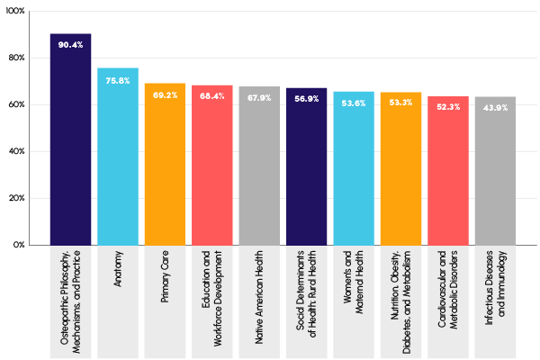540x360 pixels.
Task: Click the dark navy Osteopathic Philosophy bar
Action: coord(70,144)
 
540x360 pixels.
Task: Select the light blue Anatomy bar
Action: coord(118,162)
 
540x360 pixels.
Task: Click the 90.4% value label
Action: coord(70,45)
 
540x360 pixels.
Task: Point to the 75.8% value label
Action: coord(118,80)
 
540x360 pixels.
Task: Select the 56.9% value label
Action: coord(307,100)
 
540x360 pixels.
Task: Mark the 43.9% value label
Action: coord(495,108)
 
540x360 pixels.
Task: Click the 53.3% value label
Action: coord(401,103)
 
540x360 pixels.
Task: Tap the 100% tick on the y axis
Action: coord(16,12)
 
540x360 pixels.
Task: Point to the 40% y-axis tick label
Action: coord(18,151)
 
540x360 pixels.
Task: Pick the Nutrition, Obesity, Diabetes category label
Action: coord(401,298)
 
